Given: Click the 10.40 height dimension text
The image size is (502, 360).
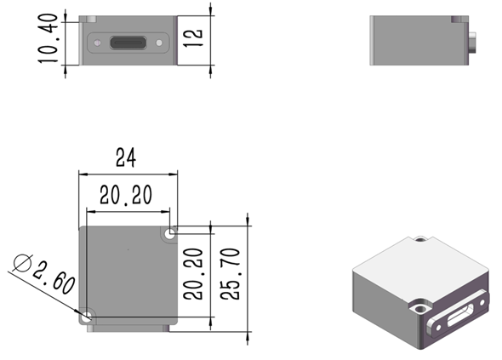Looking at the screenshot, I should (48, 38).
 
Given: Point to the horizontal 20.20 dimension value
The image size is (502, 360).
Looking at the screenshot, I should (126, 195).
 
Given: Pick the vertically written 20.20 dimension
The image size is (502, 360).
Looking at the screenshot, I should (194, 273).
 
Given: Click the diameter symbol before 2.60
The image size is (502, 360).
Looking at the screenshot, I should (24, 262).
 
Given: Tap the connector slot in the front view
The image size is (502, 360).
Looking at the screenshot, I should (129, 42).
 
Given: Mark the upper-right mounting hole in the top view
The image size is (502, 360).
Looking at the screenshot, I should (173, 231).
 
